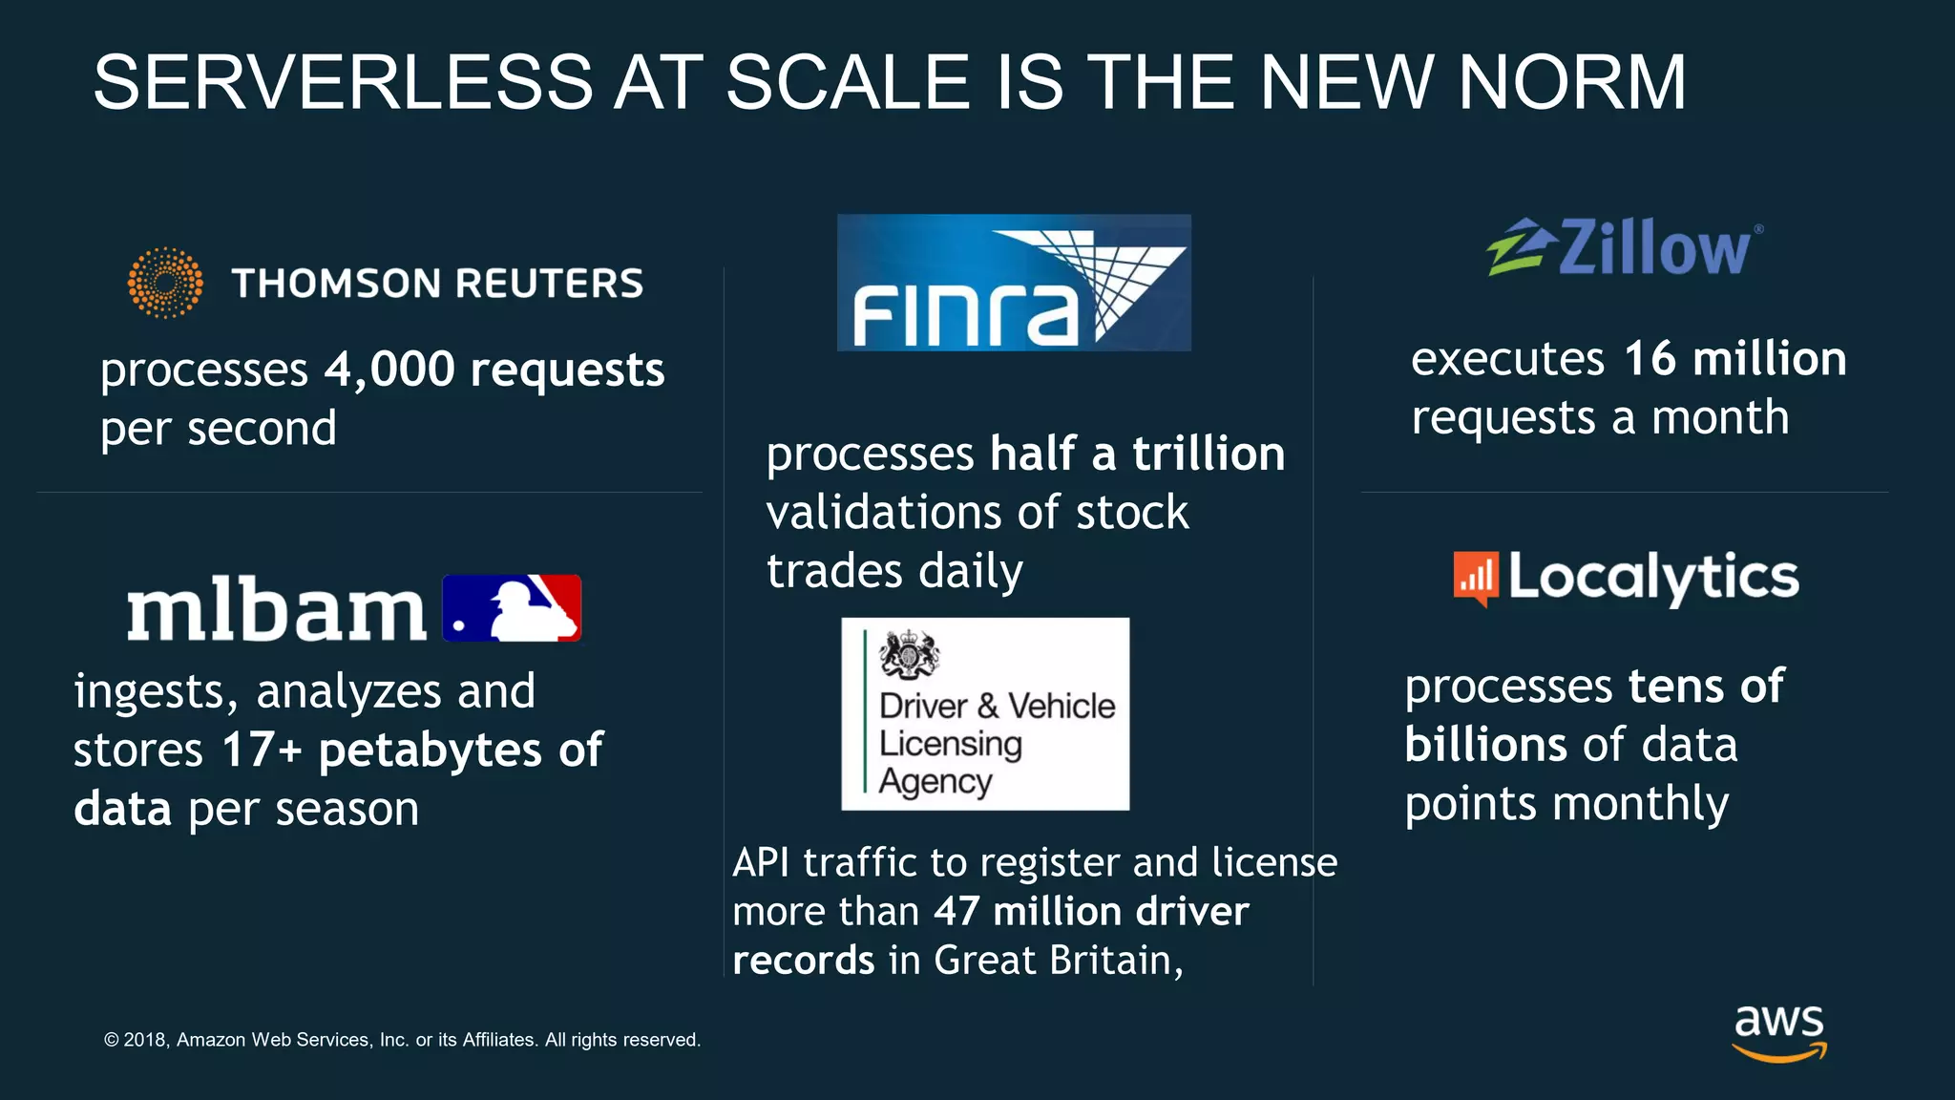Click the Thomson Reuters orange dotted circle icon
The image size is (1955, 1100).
[x=165, y=283]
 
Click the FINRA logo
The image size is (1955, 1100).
[x=1014, y=283]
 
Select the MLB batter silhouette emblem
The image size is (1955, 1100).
[x=513, y=608]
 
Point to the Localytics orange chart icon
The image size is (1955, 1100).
[x=1475, y=578]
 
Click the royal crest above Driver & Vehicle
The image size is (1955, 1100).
[x=910, y=655]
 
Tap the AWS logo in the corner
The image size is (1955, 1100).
[x=1779, y=1032]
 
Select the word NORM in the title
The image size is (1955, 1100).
[x=1572, y=82]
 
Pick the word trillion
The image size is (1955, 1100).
[x=1209, y=454]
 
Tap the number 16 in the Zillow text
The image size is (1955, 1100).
[x=1650, y=359]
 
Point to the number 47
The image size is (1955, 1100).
[x=956, y=911]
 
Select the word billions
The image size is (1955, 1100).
[x=1485, y=745]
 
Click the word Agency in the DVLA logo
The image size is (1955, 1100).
[x=935, y=781]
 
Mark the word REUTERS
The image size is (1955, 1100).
[x=549, y=284]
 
